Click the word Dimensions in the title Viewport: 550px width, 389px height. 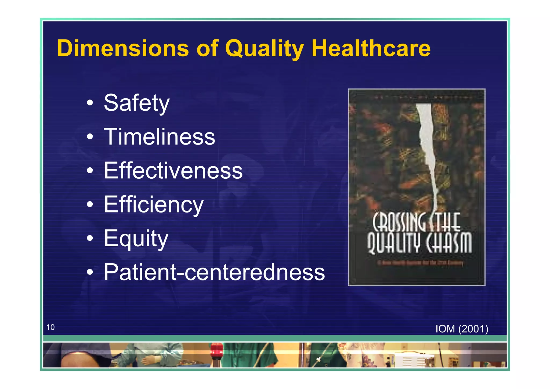[x=123, y=48]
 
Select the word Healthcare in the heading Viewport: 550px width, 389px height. [x=371, y=48]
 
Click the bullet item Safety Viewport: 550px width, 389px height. [x=137, y=103]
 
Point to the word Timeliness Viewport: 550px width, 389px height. [x=160, y=137]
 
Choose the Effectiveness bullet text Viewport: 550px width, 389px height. [x=173, y=171]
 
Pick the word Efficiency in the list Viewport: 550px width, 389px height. [x=154, y=205]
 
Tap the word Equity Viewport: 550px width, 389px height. [x=136, y=239]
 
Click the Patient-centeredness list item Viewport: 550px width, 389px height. [x=214, y=272]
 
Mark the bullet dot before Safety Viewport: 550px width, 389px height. [x=90, y=103]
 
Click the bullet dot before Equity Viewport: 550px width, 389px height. [x=90, y=238]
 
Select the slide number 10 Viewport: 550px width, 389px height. [x=50, y=327]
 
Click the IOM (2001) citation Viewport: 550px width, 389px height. [x=462, y=329]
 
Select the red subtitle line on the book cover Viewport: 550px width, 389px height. [x=420, y=263]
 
